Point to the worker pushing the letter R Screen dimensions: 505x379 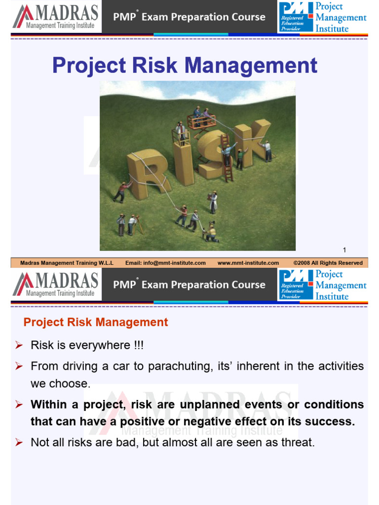(121, 192)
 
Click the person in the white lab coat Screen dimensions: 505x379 (213, 201)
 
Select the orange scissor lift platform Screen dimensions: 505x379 (201, 121)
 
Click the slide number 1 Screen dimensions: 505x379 (344, 250)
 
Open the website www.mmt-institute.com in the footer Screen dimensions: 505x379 (248, 263)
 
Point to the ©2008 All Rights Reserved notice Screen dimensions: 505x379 (328, 263)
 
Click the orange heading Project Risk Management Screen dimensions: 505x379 (96, 323)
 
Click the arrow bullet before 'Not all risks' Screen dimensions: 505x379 (19, 443)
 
